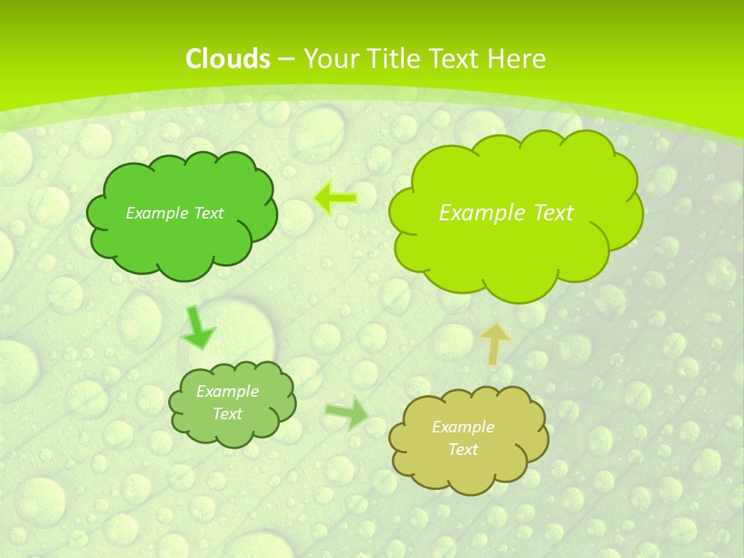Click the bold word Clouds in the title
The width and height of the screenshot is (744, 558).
click(227, 58)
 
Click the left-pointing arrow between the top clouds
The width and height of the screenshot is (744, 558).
click(336, 198)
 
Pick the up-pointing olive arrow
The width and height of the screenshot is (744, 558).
click(494, 343)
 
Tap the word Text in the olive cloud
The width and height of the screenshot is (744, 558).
click(463, 449)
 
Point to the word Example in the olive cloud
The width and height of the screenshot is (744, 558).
click(463, 427)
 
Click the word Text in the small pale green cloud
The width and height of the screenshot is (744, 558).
click(227, 414)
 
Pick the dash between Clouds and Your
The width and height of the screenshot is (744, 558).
click(285, 59)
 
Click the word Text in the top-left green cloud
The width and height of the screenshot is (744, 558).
click(209, 213)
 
